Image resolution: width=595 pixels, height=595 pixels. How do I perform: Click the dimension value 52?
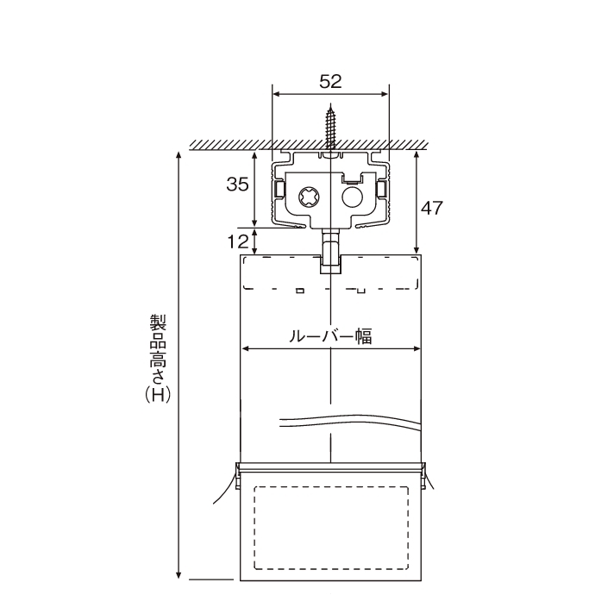coord(330,82)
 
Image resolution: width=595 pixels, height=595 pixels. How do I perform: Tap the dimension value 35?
coord(237,185)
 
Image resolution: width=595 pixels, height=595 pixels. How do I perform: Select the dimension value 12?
coord(238,241)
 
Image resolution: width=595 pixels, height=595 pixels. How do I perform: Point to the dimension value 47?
coord(432,209)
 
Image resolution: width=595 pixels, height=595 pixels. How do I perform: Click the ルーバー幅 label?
coord(330,335)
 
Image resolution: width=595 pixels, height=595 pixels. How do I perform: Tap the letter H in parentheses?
coord(158,395)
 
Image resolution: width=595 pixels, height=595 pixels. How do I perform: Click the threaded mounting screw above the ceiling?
coord(330,127)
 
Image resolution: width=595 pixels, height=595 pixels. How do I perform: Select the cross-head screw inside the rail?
coord(309,197)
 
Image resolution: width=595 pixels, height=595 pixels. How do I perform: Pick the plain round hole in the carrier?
coord(353,197)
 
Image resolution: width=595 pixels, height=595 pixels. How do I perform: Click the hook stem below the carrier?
coord(331,250)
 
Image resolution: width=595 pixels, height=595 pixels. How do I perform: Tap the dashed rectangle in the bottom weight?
coord(331,528)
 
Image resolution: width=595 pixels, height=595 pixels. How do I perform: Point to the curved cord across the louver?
coord(350,421)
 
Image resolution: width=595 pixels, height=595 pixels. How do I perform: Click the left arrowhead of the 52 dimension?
coord(276,94)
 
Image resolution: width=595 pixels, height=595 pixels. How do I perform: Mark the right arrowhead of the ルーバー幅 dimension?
coord(416,348)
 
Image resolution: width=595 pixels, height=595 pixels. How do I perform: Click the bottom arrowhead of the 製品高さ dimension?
coord(178,575)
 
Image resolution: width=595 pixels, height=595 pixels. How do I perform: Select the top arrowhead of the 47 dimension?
coord(416,155)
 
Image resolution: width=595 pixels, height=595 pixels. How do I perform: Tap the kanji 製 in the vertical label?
coord(158,323)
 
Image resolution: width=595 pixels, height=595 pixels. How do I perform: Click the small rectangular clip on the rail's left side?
coord(279,189)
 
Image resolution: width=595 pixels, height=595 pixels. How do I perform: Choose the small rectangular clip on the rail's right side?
coord(381,189)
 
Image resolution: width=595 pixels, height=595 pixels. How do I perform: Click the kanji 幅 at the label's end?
coord(364,335)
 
